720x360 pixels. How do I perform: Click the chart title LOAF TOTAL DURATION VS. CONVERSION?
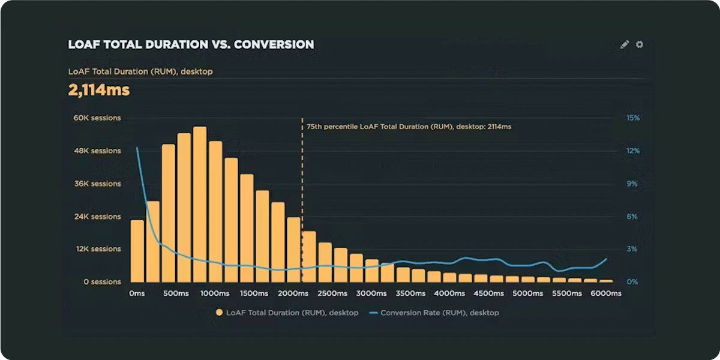click(191, 45)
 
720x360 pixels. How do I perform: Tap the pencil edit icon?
click(625, 44)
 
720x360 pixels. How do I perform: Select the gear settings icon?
click(640, 44)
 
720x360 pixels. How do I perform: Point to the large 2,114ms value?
click(98, 91)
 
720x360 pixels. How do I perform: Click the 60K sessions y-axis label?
click(97, 118)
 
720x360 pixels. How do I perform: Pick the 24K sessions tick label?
click(97, 217)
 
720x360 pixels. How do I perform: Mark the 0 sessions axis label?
click(101, 281)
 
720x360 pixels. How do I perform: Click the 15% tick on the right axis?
click(633, 118)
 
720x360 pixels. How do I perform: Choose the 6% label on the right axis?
click(633, 217)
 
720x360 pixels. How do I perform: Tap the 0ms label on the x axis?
click(137, 294)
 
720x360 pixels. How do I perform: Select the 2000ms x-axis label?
click(293, 294)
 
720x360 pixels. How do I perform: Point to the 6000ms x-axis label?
click(606, 294)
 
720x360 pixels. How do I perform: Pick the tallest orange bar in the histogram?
click(200, 204)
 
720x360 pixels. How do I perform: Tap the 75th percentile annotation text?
click(409, 127)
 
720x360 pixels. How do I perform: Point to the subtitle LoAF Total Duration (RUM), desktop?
click(140, 72)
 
